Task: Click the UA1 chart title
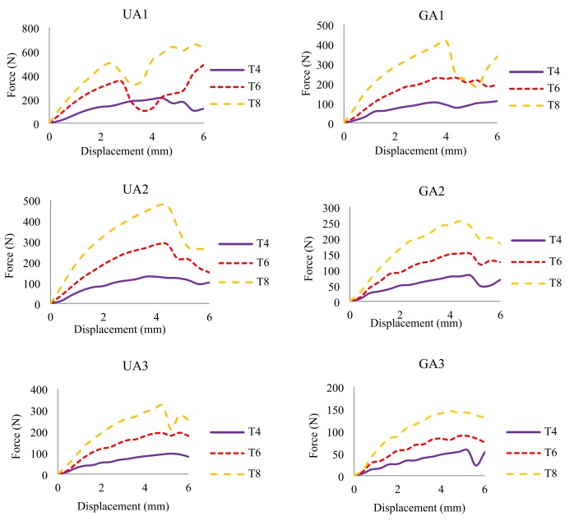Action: click(x=127, y=9)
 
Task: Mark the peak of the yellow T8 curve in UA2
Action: click(x=161, y=203)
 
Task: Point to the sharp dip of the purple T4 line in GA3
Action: click(x=476, y=465)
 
